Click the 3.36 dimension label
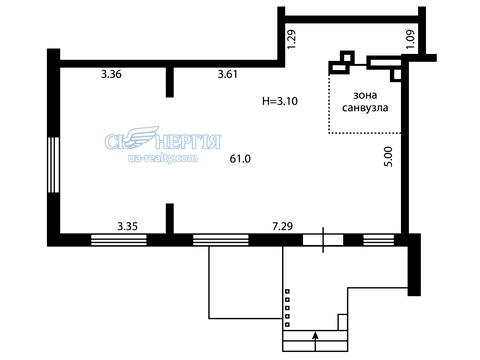[111, 74]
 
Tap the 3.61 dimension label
[228, 74]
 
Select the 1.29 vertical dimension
[291, 39]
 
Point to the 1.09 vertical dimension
[410, 39]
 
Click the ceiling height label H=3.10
[280, 101]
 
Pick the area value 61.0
[240, 159]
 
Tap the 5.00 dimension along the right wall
[389, 156]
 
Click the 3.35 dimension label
[128, 227]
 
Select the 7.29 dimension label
[283, 227]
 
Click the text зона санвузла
[365, 102]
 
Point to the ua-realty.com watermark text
[163, 158]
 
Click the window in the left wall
[53, 165]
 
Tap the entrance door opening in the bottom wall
[323, 240]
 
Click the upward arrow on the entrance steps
[316, 341]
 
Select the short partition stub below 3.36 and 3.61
[170, 82]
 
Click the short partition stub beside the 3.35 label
[170, 219]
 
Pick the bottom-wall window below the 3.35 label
[119, 240]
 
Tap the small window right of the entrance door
[379, 240]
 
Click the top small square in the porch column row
[287, 291]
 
